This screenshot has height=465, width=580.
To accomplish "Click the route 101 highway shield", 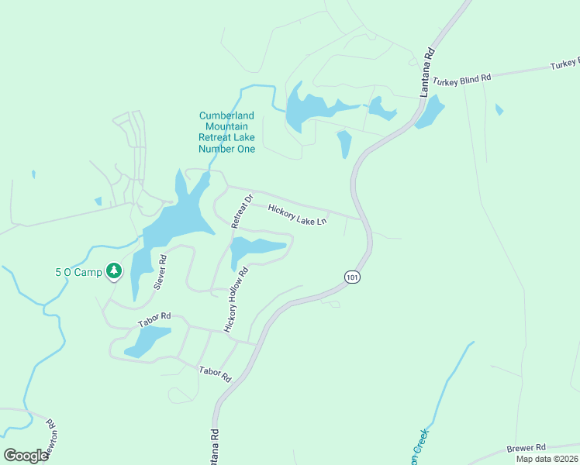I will click(352, 277).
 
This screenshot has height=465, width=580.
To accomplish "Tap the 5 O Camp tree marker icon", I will click(114, 270).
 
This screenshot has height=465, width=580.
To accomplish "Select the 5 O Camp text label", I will click(78, 272).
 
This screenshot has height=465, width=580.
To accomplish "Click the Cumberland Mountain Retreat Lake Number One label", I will click(226, 132).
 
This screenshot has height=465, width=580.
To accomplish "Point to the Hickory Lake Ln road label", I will click(298, 215).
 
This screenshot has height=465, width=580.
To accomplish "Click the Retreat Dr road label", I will click(243, 210).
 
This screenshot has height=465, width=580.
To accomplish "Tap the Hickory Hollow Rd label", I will click(236, 300).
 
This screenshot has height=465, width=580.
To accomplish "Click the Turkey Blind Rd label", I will click(462, 79).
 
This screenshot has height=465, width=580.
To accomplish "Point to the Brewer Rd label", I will click(526, 448).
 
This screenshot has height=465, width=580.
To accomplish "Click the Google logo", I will click(26, 455).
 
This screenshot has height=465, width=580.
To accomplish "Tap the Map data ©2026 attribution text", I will click(547, 459).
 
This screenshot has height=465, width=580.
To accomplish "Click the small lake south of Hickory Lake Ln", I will click(257, 249).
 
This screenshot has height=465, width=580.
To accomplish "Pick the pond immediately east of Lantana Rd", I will click(430, 112).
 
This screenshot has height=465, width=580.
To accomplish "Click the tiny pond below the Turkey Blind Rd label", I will click(499, 109).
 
